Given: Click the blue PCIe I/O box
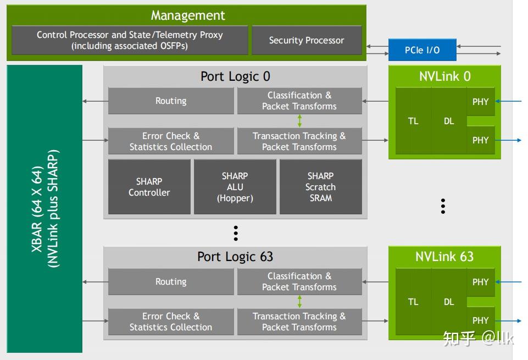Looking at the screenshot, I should [x=422, y=50].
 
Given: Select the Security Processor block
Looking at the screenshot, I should [x=306, y=40].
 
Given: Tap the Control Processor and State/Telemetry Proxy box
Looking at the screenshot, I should [x=130, y=40].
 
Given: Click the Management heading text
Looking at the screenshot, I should [x=188, y=15].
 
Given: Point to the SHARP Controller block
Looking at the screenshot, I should [x=149, y=187].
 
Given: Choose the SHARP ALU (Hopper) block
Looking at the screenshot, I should [x=235, y=187].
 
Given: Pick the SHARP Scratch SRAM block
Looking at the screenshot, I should [x=320, y=187].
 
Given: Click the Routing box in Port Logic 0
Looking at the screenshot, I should [x=171, y=101].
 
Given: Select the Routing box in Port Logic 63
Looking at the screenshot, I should [x=171, y=282].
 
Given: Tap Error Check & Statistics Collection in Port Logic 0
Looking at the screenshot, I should [x=171, y=141].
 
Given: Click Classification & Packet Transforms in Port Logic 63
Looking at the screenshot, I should [x=299, y=281].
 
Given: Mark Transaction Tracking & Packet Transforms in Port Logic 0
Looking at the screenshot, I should [x=299, y=141].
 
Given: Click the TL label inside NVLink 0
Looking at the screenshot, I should [x=413, y=121].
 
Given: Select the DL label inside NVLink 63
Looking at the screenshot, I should [x=449, y=302].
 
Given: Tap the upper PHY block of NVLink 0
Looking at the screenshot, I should [x=481, y=102].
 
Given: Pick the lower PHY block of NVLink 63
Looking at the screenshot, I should [x=481, y=320].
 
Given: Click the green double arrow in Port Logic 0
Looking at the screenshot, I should [x=299, y=121].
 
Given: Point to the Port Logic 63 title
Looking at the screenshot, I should [x=235, y=257].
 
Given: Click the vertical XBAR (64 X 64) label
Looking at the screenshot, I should [x=44, y=209].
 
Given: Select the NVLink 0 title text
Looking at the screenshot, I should [x=444, y=76].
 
